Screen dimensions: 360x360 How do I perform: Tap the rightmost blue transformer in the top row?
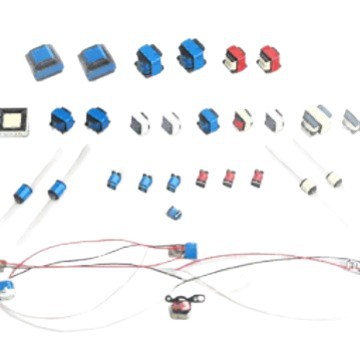pos(190,55)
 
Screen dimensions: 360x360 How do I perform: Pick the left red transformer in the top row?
pos(235,58)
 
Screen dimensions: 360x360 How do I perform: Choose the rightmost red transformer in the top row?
pos(267,58)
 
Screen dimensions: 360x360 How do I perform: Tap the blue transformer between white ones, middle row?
pos(208,121)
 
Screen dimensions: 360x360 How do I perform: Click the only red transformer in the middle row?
pos(243,120)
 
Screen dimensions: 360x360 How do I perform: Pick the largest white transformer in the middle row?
pos(317,120)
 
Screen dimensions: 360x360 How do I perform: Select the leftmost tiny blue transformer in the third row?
pos(114,180)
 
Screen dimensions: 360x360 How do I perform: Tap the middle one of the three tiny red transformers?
pos(229,177)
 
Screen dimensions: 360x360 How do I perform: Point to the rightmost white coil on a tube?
pos(333,180)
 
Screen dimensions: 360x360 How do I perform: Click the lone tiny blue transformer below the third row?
pos(174,212)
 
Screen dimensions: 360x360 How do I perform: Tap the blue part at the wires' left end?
pos(6,286)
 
